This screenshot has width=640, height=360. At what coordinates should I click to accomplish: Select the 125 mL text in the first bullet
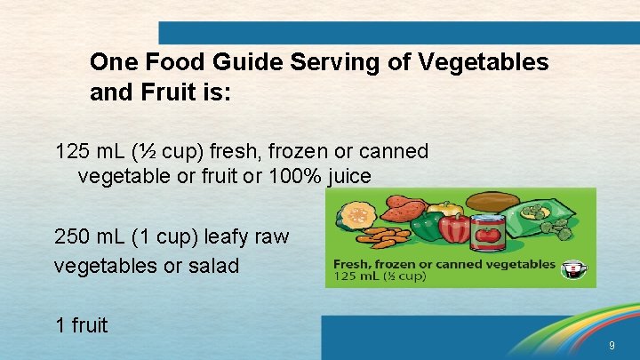tap(88, 152)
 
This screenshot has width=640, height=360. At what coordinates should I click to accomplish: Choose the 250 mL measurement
tap(88, 238)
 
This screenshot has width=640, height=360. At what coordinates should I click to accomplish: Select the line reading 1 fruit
tap(81, 325)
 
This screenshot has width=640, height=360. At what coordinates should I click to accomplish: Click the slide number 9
tap(611, 345)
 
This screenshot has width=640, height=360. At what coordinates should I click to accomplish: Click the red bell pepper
tap(453, 228)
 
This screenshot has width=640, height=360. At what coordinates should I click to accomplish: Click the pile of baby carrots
tap(383, 239)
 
